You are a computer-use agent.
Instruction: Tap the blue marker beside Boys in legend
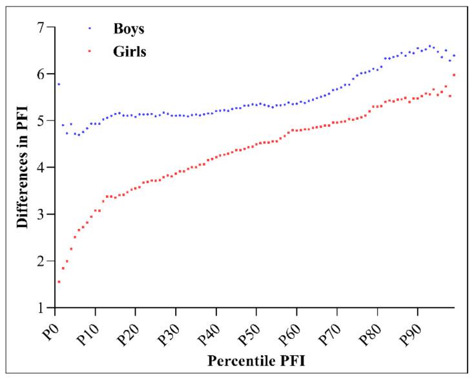pyautogui.click(x=89, y=29)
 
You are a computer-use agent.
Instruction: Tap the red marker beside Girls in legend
pyautogui.click(x=89, y=52)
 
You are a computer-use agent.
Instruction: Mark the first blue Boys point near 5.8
pyautogui.click(x=59, y=84)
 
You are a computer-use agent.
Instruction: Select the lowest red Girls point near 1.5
pyautogui.click(x=59, y=282)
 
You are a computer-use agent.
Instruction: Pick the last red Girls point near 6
pyautogui.click(x=455, y=75)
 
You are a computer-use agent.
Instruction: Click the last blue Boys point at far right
pyautogui.click(x=455, y=56)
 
